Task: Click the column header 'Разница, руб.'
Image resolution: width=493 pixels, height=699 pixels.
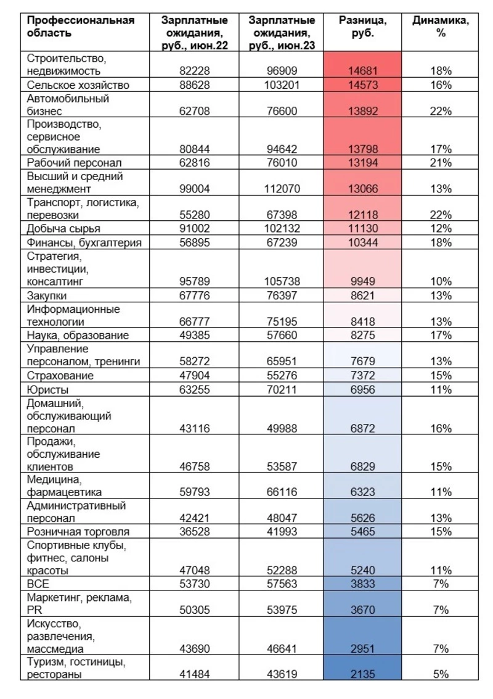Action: pos(362,27)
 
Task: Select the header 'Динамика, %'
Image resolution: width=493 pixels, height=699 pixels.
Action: pos(440,27)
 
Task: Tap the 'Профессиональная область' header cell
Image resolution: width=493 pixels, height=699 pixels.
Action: pos(81,27)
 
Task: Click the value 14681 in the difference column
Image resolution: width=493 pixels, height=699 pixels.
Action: pos(362,72)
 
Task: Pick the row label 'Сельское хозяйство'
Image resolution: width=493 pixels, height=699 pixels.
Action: pos(78,85)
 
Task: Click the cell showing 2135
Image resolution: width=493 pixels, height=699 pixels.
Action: pos(362,675)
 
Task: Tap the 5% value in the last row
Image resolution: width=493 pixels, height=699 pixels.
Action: pos(441,675)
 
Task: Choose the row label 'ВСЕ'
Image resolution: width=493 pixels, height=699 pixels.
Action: pos(38,584)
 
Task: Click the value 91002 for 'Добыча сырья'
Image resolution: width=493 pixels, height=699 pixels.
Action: pos(194,228)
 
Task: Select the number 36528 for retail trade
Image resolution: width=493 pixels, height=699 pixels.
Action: pos(194,532)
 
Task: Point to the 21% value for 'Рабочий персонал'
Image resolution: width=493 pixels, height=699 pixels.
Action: pos(441,163)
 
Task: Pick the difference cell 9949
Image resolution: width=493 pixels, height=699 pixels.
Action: pos(362,281)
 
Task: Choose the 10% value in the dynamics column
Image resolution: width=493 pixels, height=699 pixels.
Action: pos(441,281)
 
